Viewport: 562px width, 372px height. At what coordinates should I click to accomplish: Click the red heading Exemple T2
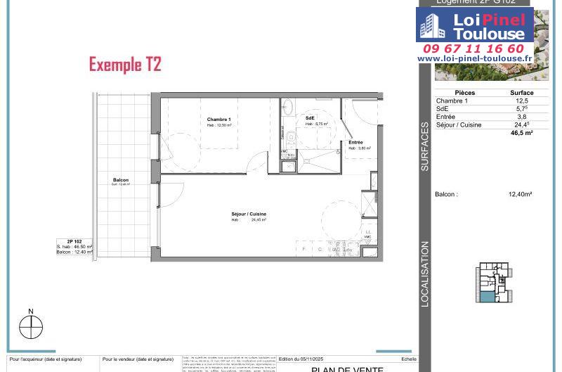point(125,65)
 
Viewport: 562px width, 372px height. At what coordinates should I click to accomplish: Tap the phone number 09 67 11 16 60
point(473,49)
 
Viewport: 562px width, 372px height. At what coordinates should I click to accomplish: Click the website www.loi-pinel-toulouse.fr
point(474,59)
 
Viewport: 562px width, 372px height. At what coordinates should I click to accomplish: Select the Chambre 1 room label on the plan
point(218,120)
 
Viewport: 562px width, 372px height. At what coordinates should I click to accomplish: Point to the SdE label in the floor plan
point(310,117)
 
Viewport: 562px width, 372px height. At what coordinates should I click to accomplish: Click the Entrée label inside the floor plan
point(355,143)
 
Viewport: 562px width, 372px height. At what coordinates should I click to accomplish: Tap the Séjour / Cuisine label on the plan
point(249,214)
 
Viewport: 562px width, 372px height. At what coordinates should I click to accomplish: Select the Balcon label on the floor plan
point(120,181)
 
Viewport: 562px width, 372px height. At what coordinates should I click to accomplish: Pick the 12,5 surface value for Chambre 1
point(521,101)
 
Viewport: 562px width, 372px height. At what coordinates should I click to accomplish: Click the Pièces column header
point(464,93)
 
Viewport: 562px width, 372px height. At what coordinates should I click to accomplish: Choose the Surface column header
point(521,93)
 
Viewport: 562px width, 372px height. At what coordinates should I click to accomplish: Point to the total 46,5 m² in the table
point(521,133)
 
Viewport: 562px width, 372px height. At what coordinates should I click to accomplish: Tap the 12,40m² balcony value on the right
point(520,194)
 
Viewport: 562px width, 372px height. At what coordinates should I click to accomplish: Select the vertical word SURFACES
point(424,147)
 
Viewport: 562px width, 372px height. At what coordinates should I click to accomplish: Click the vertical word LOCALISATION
point(424,274)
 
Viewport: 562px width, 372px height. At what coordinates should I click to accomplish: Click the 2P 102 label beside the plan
point(74,241)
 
